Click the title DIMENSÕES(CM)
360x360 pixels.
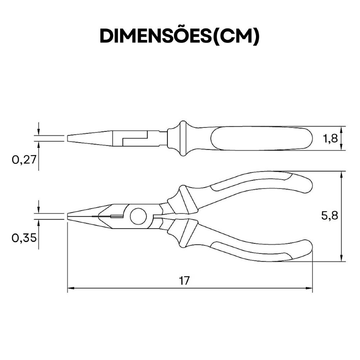click(180, 36)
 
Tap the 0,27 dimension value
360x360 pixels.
click(24, 160)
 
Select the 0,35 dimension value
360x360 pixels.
click(24, 238)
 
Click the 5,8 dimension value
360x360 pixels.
click(329, 216)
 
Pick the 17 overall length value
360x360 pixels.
click(184, 280)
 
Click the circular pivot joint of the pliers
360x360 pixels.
click(138, 216)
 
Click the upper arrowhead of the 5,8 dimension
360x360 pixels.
click(342, 175)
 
